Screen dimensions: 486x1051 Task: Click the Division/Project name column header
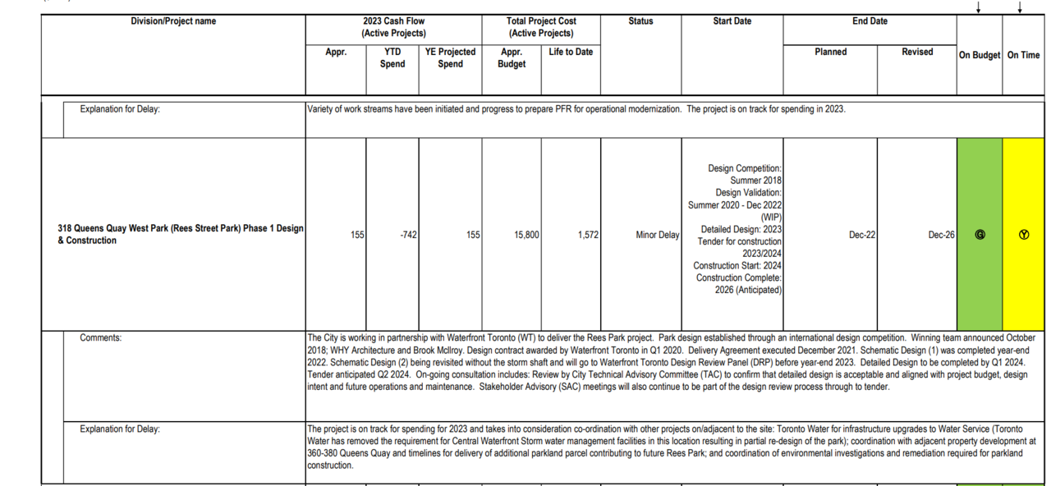[x=173, y=21]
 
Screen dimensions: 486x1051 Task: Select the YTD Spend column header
[x=392, y=57]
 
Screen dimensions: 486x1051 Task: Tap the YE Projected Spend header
[x=450, y=57]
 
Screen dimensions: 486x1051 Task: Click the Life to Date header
[x=571, y=52]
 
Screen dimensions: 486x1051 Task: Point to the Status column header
[x=640, y=21]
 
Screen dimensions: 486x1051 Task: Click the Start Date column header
[x=732, y=21]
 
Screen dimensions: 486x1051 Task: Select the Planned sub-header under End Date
[x=830, y=52]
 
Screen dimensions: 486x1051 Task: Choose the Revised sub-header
[x=917, y=52]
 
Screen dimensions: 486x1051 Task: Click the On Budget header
[x=980, y=55]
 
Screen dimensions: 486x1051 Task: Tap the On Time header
[x=1023, y=55]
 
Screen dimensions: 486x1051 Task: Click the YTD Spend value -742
[x=408, y=235]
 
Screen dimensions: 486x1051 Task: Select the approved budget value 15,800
[x=525, y=235]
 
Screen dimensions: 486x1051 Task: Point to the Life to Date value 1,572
[x=587, y=235]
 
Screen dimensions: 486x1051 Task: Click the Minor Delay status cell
[x=657, y=235]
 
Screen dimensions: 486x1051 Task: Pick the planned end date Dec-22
[x=862, y=235]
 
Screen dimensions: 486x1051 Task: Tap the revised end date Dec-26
[x=941, y=235]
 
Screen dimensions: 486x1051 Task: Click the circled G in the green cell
[x=980, y=235]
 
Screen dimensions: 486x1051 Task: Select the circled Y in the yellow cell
[x=1023, y=235]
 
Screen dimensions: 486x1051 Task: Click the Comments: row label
[x=100, y=337]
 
